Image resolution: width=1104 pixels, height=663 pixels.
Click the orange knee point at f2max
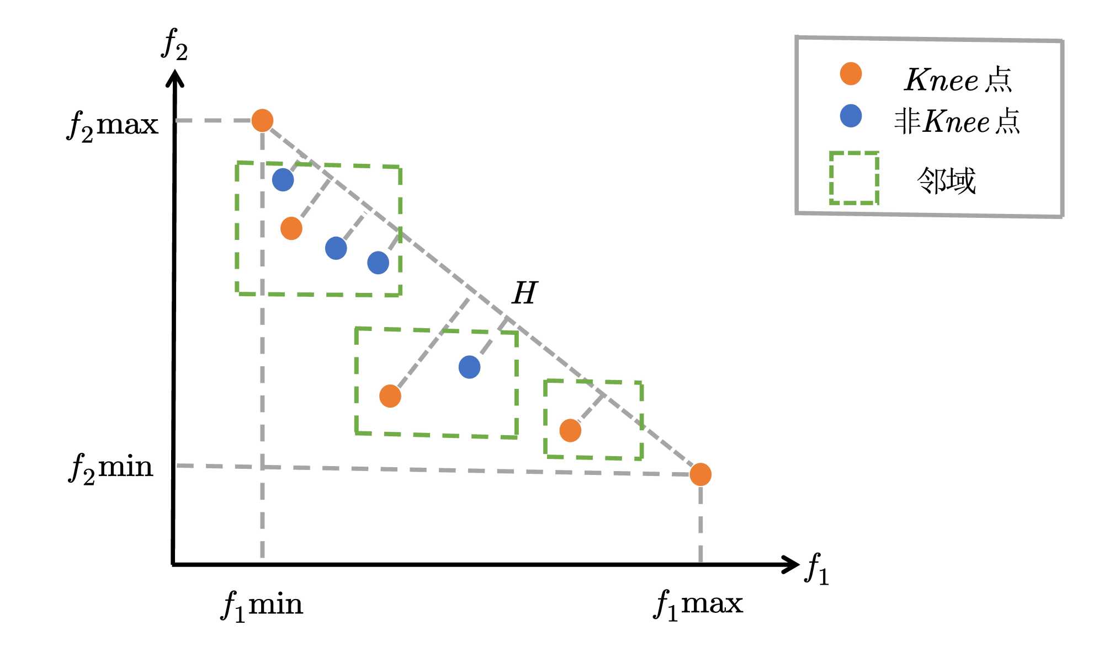point(262,120)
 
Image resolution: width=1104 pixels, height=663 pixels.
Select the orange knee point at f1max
point(700,474)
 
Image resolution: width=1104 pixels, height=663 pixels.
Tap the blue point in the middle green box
point(469,367)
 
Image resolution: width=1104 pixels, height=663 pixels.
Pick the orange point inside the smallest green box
point(570,430)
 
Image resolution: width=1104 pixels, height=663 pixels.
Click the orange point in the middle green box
point(390,396)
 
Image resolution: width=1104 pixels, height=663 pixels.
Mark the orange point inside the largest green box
point(291,228)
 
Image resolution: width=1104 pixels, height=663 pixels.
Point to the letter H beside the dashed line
point(524,293)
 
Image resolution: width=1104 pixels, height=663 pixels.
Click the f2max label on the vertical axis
point(113,126)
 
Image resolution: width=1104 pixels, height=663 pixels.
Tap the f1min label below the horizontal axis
point(262,605)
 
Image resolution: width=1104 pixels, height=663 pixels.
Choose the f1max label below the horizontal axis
point(698,604)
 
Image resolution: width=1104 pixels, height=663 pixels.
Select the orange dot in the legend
point(851,74)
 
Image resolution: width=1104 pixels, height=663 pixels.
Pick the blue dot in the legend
point(851,116)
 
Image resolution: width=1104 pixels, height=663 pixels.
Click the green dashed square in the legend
point(854,178)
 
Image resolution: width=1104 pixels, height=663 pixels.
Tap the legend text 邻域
point(946,180)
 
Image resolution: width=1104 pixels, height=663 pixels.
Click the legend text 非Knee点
point(957,121)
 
